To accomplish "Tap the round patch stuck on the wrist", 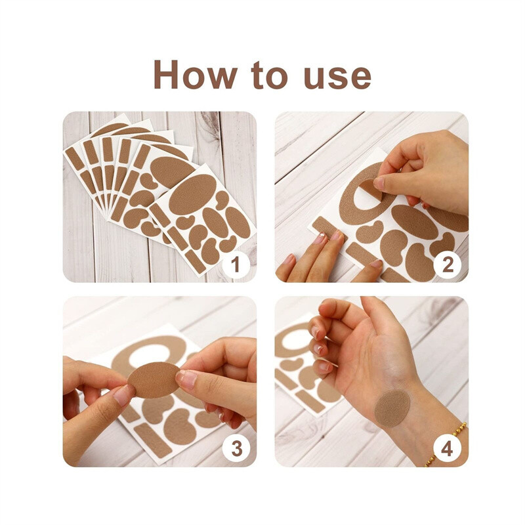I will pyautogui.click(x=392, y=408).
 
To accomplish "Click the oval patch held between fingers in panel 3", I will pyautogui.click(x=154, y=380).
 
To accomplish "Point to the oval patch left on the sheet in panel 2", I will pyautogui.click(x=414, y=222).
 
